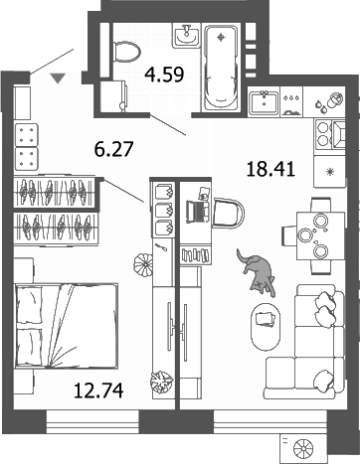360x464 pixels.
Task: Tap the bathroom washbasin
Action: pyautogui.click(x=186, y=37)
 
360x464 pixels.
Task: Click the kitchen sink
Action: pyautogui.click(x=266, y=101)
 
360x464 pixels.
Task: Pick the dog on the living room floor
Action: pyautogui.click(x=255, y=270)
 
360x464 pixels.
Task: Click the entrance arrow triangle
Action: pyautogui.click(x=59, y=76)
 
